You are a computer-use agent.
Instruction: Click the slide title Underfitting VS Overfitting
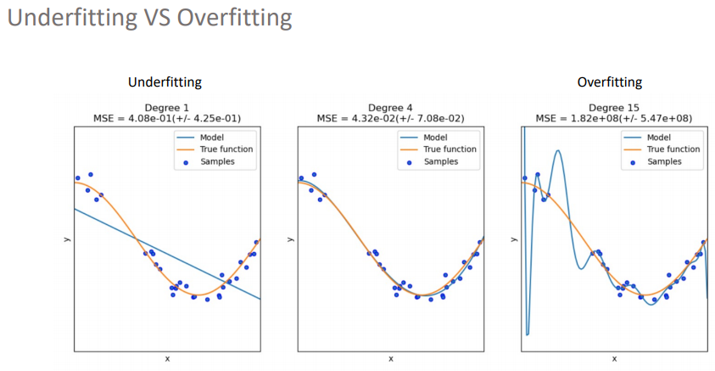click(x=149, y=19)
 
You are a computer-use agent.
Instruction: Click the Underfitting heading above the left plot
click(x=165, y=82)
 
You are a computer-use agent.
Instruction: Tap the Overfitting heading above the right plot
click(x=609, y=82)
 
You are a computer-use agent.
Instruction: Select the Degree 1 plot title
click(x=167, y=108)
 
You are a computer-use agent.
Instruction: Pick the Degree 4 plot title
click(x=390, y=108)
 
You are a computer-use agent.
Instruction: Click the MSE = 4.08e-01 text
click(x=167, y=118)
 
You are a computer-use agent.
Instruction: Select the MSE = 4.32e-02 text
click(x=390, y=118)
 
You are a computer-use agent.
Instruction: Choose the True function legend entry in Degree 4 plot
click(x=450, y=149)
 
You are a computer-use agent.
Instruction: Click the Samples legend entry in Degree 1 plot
click(x=217, y=161)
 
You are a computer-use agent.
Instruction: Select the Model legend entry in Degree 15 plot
click(x=661, y=137)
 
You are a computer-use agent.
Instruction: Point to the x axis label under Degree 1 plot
click(x=167, y=359)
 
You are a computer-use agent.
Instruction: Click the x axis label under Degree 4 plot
click(x=390, y=359)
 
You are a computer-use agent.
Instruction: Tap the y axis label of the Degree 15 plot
click(x=512, y=239)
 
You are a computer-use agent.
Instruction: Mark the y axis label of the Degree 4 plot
click(x=290, y=239)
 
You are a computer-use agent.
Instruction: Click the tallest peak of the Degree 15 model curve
click(x=557, y=151)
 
